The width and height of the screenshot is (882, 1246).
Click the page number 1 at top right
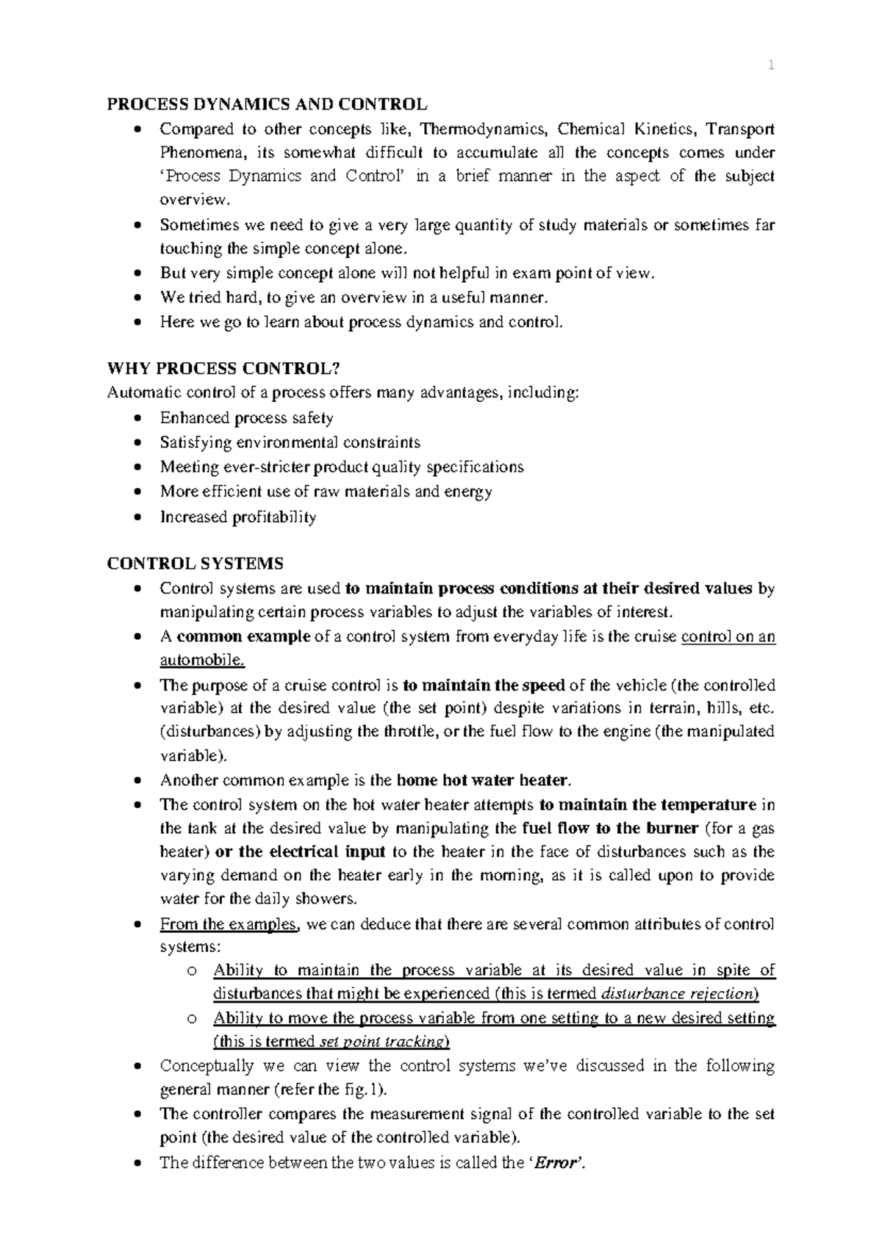771,66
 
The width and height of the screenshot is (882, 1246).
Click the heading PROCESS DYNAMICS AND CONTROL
266,104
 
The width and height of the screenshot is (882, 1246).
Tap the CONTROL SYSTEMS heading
195,563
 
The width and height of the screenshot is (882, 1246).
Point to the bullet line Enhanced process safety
246,418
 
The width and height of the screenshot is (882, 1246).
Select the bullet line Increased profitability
238,517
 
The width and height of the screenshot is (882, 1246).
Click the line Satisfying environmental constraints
290,442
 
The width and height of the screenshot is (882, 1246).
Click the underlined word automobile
201,660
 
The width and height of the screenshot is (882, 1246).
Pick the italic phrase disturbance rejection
677,994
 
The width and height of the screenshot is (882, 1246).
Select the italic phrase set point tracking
383,1042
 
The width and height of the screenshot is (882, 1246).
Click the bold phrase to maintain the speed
484,685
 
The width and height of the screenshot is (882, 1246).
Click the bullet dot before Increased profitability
137,518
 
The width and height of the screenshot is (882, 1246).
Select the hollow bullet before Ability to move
192,1019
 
